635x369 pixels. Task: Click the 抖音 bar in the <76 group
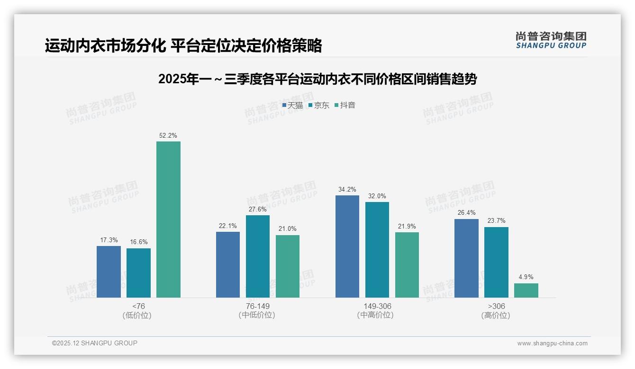click(x=168, y=220)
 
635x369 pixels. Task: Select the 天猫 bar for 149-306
click(x=347, y=246)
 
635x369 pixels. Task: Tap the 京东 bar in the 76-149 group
click(x=258, y=256)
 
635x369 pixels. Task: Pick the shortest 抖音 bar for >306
click(x=526, y=290)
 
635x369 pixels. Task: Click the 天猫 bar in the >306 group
click(x=466, y=258)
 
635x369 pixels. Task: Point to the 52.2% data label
click(x=168, y=136)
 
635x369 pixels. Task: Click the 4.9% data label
click(x=526, y=277)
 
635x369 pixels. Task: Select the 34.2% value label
click(x=347, y=190)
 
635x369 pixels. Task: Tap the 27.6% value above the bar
click(x=258, y=209)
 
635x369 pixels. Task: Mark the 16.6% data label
click(x=138, y=242)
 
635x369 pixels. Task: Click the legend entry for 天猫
click(x=292, y=105)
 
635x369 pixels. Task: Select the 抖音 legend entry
click(x=345, y=105)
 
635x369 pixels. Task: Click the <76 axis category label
click(x=139, y=307)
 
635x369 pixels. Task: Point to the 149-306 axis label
click(x=377, y=307)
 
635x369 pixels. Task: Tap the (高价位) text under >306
click(x=496, y=316)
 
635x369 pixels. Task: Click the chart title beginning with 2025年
click(x=317, y=79)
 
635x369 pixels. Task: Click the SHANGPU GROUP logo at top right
click(x=551, y=40)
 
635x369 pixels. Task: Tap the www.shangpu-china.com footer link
click(x=552, y=343)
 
